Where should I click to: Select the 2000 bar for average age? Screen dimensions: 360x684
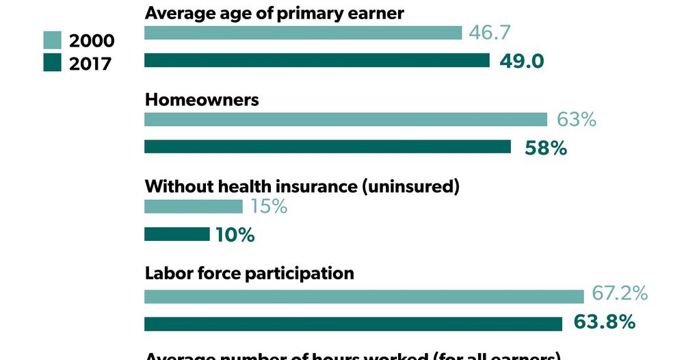[x=303, y=33]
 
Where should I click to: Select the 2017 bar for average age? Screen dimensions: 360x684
[x=317, y=61]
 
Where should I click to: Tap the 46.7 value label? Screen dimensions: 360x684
[x=490, y=33]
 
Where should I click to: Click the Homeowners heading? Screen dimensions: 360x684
[x=202, y=99]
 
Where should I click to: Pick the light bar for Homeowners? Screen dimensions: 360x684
[x=346, y=120]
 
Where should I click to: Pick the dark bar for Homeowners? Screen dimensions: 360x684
[x=328, y=147]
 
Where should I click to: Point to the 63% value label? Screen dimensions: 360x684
[x=576, y=120]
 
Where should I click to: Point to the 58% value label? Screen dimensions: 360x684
[x=545, y=147]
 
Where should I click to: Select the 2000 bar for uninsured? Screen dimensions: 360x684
[x=194, y=207]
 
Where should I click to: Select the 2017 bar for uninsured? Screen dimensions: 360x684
[x=177, y=235]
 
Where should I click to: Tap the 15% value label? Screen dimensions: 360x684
[x=268, y=207]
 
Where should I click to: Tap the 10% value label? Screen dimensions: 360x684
[x=235, y=235]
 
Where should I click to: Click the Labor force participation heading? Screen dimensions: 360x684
[x=250, y=273]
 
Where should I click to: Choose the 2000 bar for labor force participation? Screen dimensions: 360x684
[x=364, y=296]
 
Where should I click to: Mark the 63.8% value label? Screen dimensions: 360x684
[x=604, y=322]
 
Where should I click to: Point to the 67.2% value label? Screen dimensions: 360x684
[x=620, y=294]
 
